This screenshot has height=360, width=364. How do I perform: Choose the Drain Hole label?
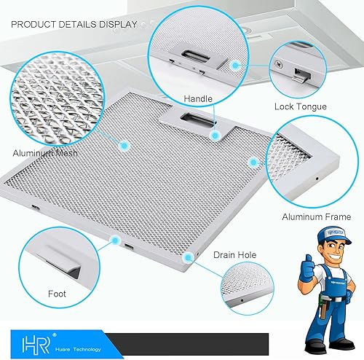[x=234, y=255]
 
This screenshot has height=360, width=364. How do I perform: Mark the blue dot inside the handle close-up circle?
[x=236, y=65]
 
